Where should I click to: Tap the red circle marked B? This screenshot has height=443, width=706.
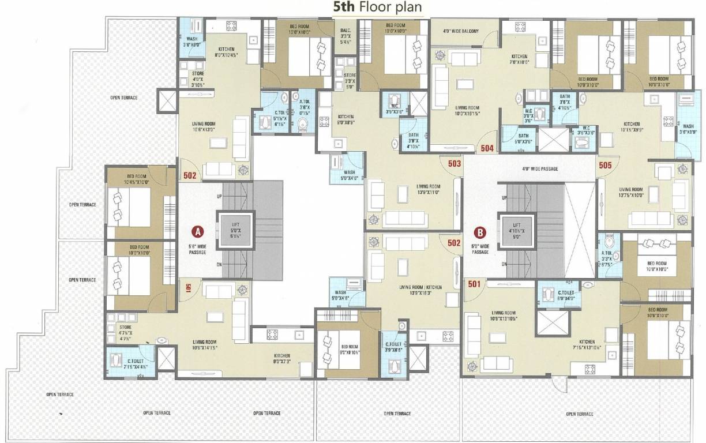[x=480, y=233]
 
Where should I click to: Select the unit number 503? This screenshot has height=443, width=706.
[x=454, y=164]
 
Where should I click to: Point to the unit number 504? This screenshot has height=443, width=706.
[x=487, y=148]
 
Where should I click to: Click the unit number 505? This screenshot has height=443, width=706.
[x=605, y=164]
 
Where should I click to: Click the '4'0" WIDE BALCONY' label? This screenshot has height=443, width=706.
[x=461, y=31]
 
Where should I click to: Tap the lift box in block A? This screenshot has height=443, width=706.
[x=234, y=228]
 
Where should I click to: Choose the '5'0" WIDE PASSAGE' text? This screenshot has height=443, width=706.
[x=480, y=249]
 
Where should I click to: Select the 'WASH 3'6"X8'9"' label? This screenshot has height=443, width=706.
[x=688, y=129]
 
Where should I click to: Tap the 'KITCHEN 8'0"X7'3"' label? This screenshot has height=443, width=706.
[x=281, y=358]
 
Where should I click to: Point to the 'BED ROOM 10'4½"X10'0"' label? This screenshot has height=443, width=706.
[x=137, y=179]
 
